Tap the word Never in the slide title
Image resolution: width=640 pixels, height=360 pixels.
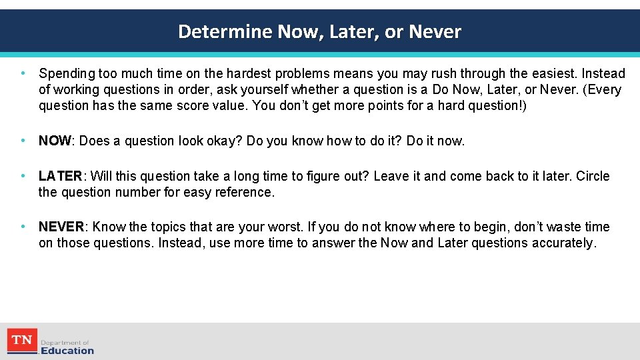pyautogui.click(x=435, y=31)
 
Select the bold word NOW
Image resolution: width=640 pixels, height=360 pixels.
pyautogui.click(x=55, y=141)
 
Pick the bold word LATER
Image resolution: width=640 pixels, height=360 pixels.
pyautogui.click(x=60, y=176)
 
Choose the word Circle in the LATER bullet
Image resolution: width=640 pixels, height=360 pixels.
pyautogui.click(x=593, y=176)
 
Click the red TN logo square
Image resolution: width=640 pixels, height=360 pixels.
pyautogui.click(x=22, y=341)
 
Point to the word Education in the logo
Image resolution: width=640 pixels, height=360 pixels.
pyautogui.click(x=67, y=350)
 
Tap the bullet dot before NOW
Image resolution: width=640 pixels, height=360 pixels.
pyautogui.click(x=23, y=141)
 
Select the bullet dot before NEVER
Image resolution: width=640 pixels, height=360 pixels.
pyautogui.click(x=23, y=227)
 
